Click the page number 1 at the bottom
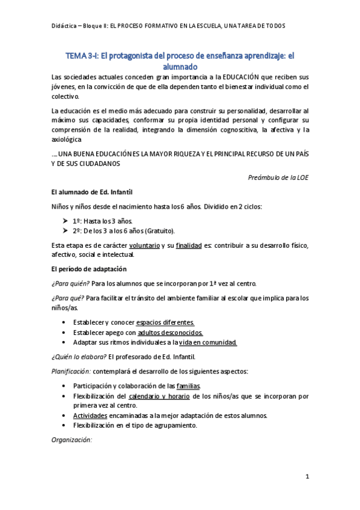click(307, 477)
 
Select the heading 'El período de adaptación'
click(89, 268)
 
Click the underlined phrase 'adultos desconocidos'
click(170, 332)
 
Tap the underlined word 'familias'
click(188, 386)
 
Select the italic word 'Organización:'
click(72, 440)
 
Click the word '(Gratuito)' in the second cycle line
click(155, 231)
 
